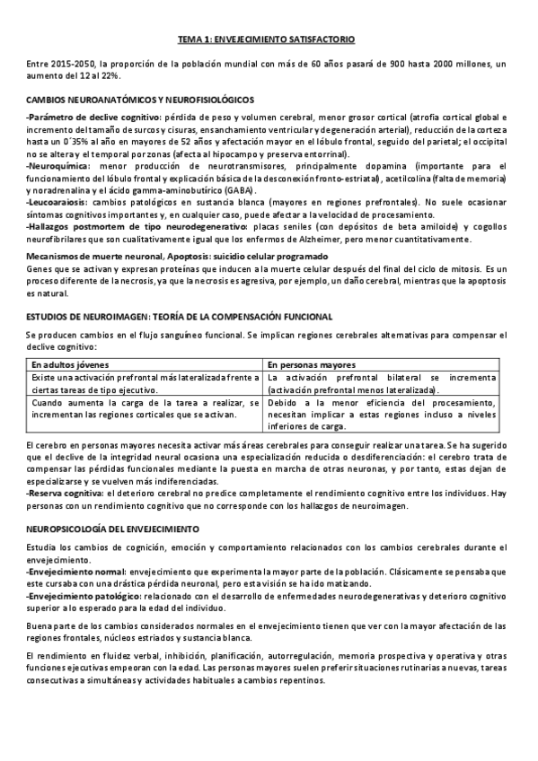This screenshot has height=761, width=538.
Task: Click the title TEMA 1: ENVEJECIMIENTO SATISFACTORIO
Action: (269, 39)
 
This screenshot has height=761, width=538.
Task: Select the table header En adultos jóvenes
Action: (70, 365)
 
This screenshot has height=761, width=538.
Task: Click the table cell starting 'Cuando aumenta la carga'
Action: (146, 409)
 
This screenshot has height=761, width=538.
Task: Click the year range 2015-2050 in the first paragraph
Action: (75, 64)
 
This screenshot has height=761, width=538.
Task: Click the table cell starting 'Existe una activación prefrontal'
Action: (146, 383)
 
